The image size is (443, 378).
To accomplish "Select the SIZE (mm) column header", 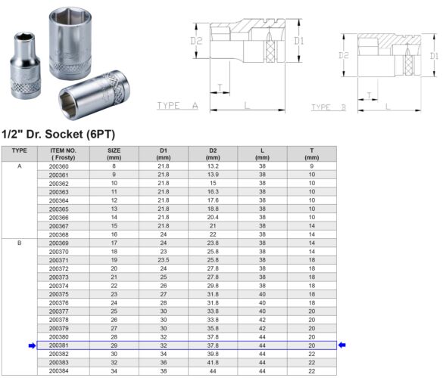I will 114,153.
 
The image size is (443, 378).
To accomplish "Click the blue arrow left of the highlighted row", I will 32,345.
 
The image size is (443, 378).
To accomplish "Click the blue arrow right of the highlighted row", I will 342,345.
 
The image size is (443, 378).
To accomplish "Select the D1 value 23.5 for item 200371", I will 163,260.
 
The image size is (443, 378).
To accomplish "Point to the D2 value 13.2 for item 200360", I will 213,166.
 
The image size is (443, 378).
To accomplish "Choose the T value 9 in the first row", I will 311,166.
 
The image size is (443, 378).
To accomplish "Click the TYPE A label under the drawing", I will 176,106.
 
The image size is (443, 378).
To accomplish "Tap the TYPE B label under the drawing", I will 328,107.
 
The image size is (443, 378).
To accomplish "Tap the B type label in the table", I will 19,243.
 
